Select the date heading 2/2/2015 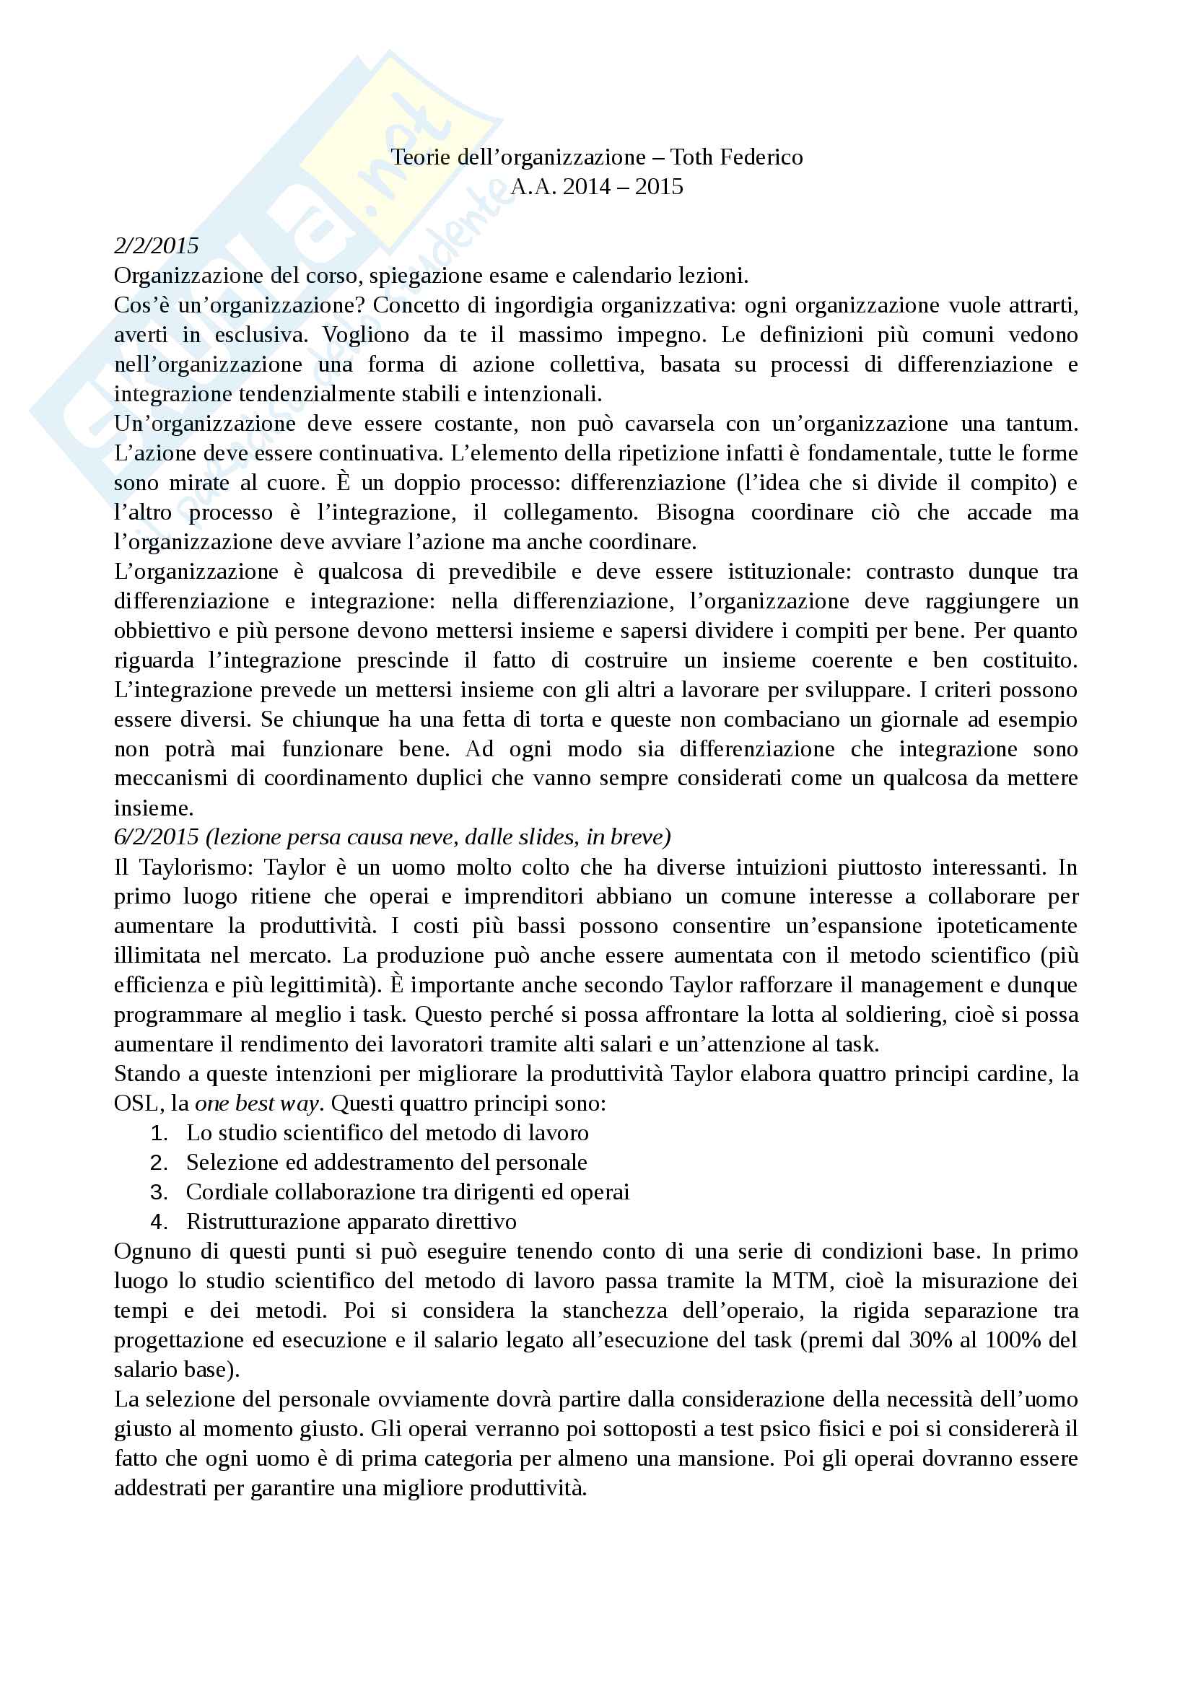coord(156,245)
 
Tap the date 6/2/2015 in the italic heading coord(156,837)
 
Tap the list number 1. coord(158,1133)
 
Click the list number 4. coord(158,1222)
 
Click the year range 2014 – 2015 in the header coord(623,187)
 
